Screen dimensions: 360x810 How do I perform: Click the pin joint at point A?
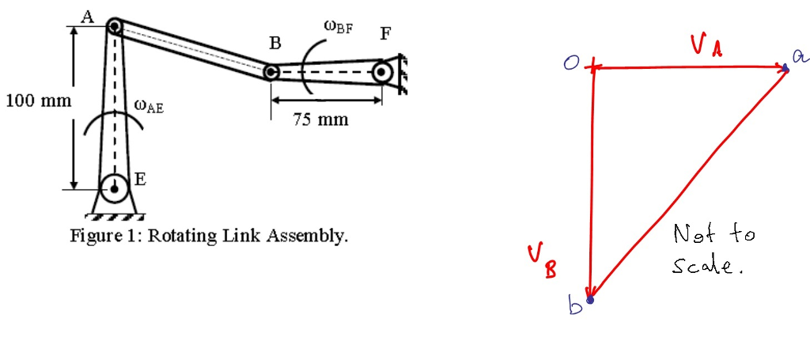115,26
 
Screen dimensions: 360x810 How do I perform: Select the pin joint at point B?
271,73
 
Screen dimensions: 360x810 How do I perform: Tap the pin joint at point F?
382,73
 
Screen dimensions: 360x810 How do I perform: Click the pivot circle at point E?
115,188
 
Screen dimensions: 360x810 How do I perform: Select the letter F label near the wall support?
385,33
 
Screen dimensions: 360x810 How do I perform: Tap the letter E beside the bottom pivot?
140,179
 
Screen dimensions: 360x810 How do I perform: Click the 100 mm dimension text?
38,101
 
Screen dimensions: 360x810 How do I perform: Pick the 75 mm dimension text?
320,120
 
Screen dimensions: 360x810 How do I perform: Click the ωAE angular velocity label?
149,105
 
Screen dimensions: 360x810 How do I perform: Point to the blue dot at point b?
589,299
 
